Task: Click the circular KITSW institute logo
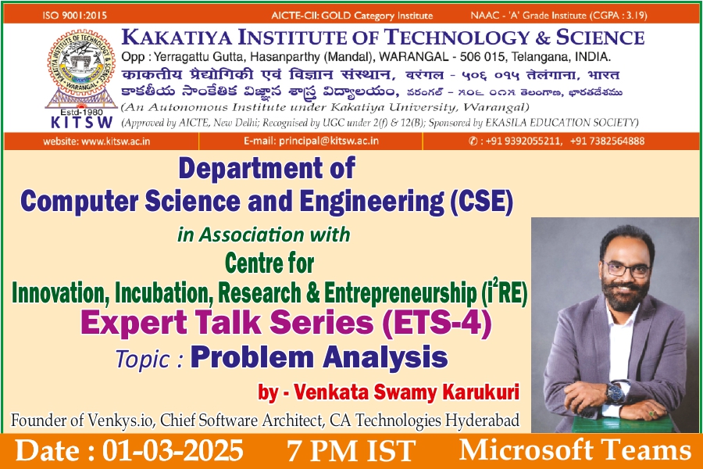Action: point(80,63)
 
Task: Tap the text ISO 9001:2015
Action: point(75,16)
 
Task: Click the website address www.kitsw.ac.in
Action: point(116,141)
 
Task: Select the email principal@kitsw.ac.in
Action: point(329,141)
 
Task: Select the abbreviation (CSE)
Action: point(482,202)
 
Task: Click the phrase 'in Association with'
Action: point(264,234)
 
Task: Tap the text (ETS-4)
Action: point(437,323)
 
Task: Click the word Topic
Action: point(144,360)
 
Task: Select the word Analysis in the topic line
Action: point(385,358)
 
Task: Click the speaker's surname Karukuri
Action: point(481,392)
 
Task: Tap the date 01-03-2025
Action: point(173,450)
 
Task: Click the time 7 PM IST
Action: point(351,451)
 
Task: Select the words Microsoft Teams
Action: point(575,450)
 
